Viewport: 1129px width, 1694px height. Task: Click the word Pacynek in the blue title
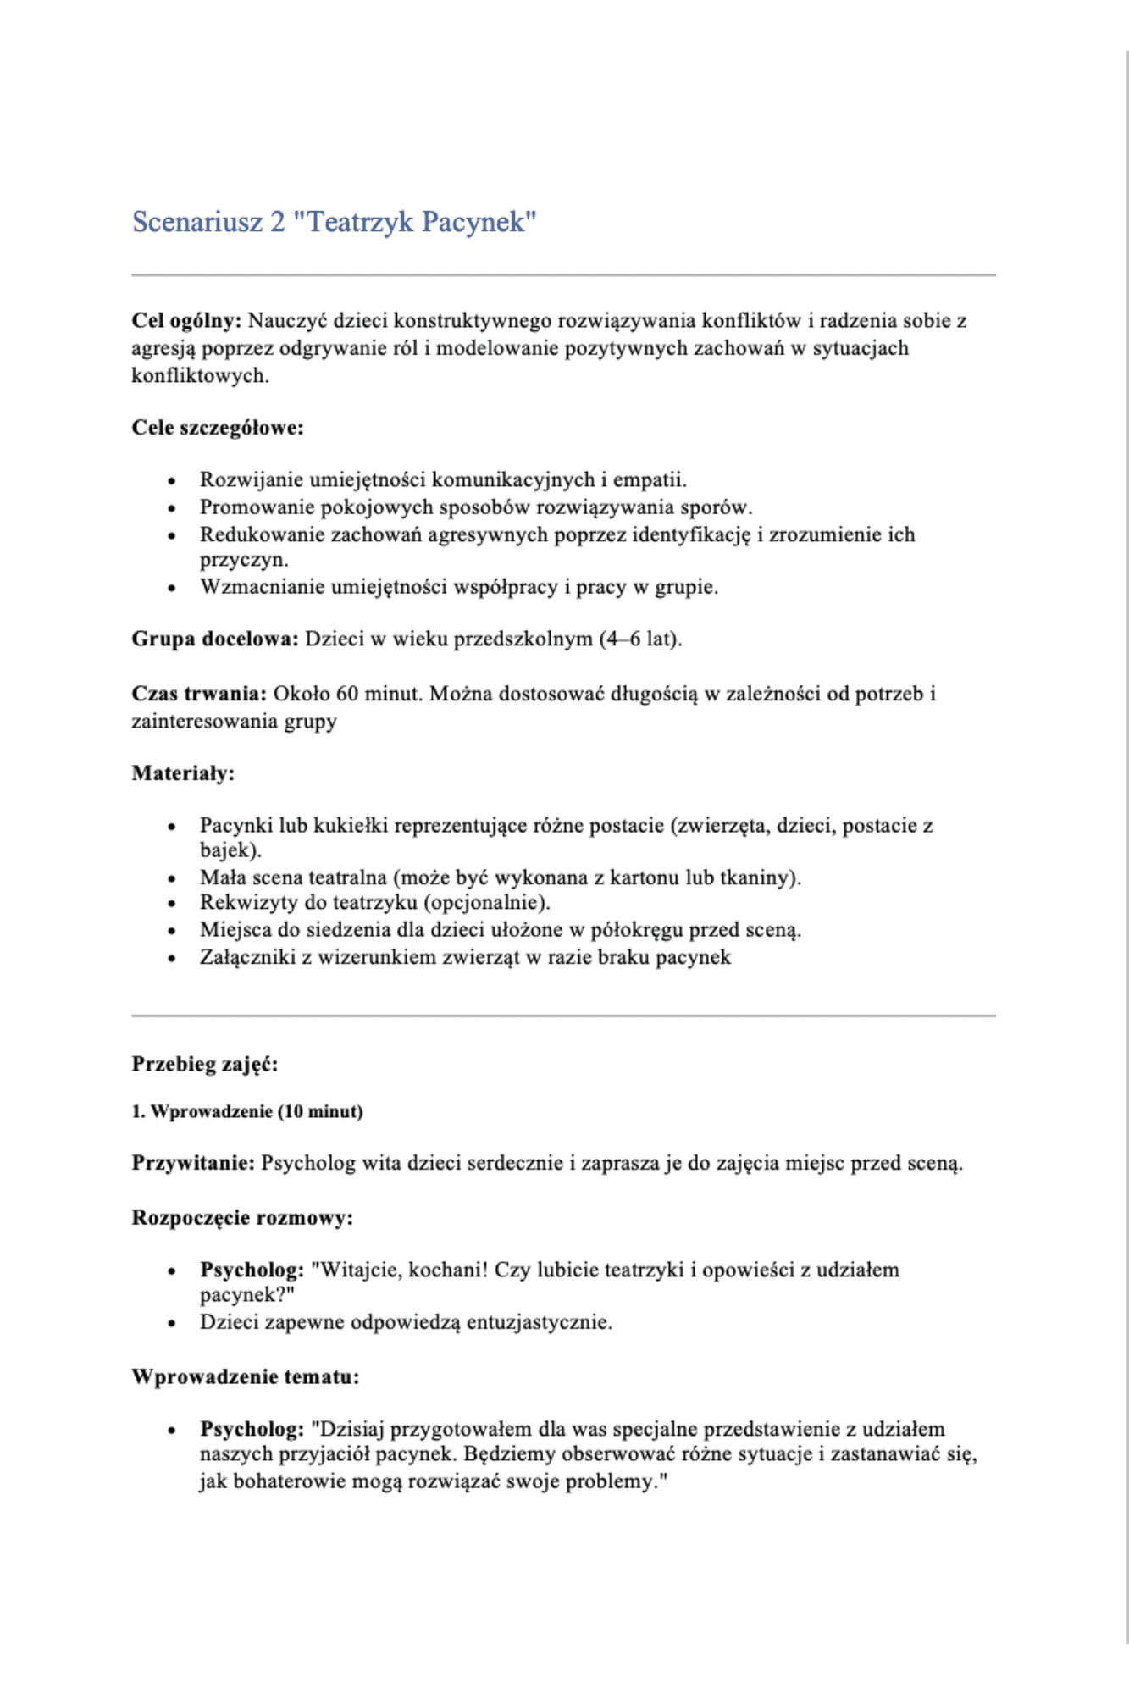(478, 222)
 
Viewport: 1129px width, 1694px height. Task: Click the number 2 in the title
(278, 222)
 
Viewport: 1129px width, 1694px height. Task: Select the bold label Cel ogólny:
(186, 321)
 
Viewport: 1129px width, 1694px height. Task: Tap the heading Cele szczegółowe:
(218, 428)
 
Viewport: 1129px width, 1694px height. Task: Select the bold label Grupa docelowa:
(215, 639)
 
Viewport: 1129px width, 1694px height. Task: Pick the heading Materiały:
(183, 773)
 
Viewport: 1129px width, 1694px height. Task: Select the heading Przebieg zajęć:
(205, 1065)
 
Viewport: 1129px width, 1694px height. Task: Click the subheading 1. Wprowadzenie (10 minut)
(247, 1112)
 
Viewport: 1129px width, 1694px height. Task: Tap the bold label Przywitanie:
(193, 1163)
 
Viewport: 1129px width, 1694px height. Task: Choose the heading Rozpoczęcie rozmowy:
(242, 1218)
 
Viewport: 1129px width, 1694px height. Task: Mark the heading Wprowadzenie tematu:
(246, 1377)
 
